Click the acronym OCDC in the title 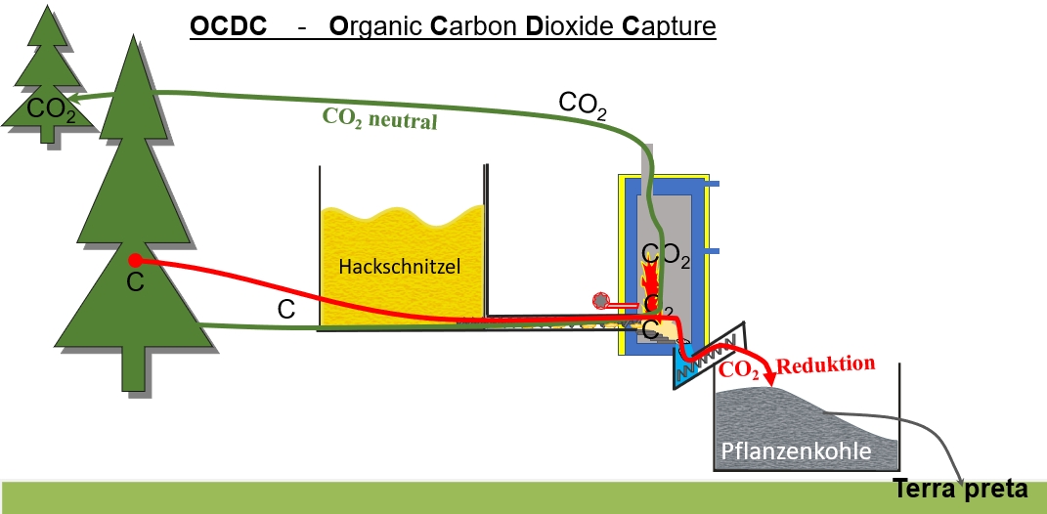pos(229,26)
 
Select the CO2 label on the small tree pos(51,107)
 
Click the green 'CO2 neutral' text pos(379,120)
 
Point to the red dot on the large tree pos(135,261)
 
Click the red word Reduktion pos(823,366)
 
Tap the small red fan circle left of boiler pos(600,301)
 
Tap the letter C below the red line pos(286,310)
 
